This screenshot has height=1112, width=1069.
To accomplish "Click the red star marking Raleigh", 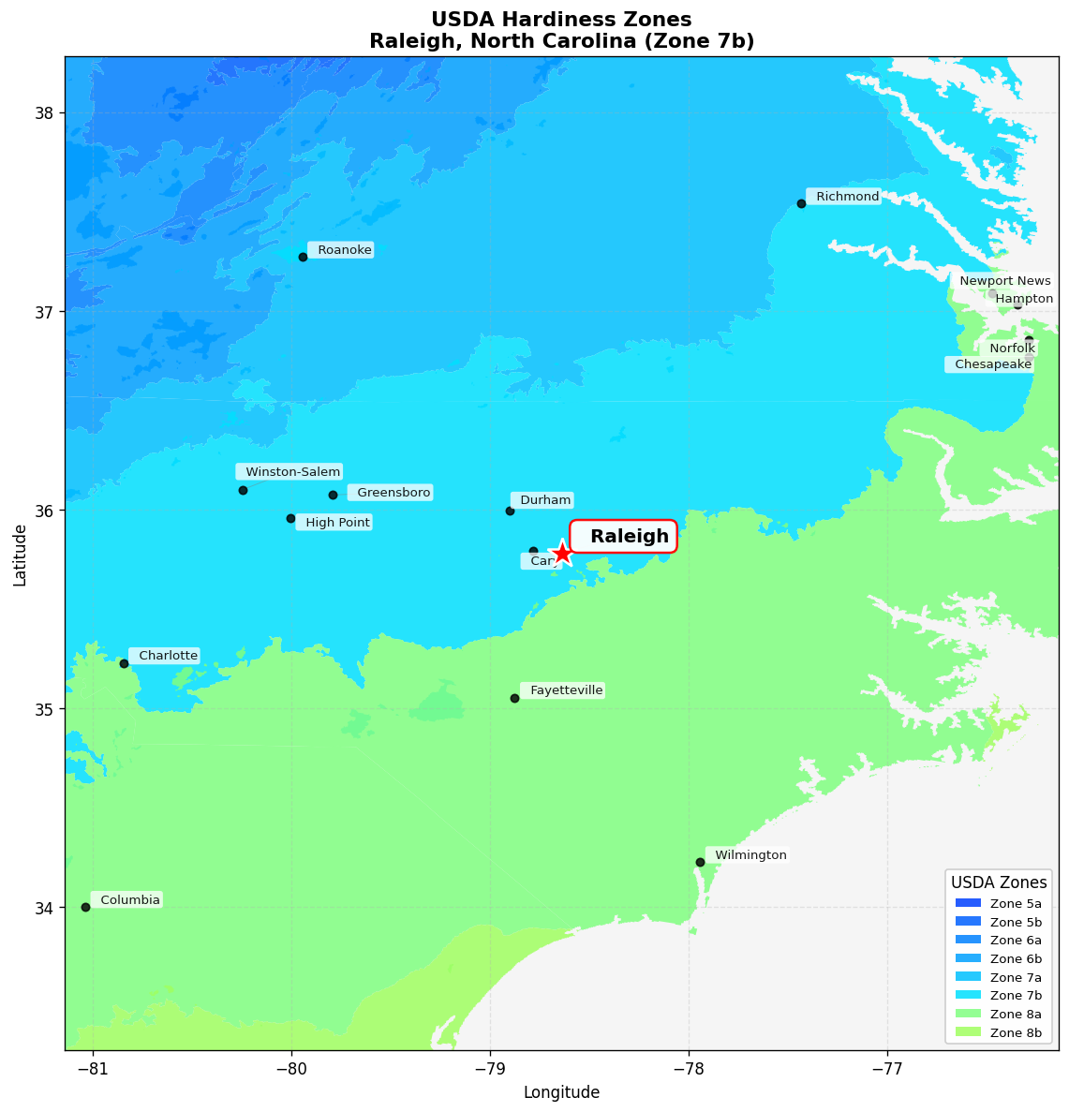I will tap(562, 553).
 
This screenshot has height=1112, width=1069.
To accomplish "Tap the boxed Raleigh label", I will tap(623, 537).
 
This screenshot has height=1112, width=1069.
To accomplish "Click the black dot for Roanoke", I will tap(303, 257).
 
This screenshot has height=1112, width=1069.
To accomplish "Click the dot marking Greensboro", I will tap(333, 495).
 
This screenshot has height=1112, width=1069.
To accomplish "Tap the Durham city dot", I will tap(510, 511).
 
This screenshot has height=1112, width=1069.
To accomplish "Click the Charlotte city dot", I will tap(124, 663).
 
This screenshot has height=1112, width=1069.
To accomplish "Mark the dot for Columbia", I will tap(85, 907).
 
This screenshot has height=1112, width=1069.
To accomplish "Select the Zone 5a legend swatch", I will tap(968, 904).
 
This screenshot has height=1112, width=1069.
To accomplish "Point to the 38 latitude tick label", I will tap(44, 113).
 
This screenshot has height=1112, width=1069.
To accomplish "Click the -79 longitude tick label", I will tap(490, 1069).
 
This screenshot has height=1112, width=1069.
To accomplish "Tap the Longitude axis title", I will tap(561, 1092).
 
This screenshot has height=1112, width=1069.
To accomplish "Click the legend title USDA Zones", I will tap(999, 882).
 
